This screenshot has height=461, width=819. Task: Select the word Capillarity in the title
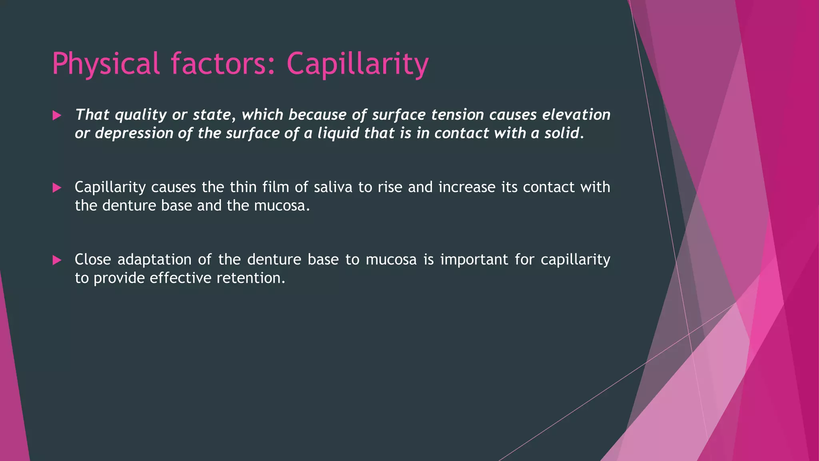tap(357, 64)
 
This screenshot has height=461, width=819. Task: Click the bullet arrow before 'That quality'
tap(57, 116)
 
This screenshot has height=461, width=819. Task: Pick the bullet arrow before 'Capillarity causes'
tap(57, 188)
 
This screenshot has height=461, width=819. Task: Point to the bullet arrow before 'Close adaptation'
tap(57, 260)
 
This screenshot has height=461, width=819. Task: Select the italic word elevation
tap(576, 115)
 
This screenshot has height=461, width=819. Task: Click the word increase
tap(467, 187)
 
